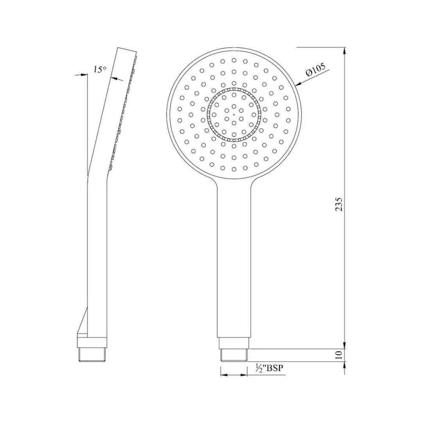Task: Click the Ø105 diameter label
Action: click(x=316, y=70)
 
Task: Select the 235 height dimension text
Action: click(x=339, y=204)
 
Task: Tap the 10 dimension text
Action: click(x=339, y=354)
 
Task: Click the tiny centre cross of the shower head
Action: click(x=234, y=115)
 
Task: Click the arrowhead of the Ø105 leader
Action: click(x=298, y=84)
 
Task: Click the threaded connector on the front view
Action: click(x=234, y=355)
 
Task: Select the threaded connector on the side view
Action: click(x=93, y=355)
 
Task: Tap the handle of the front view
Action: click(x=234, y=258)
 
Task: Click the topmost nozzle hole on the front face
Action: click(x=234, y=60)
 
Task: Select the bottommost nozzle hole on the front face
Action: click(x=234, y=169)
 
